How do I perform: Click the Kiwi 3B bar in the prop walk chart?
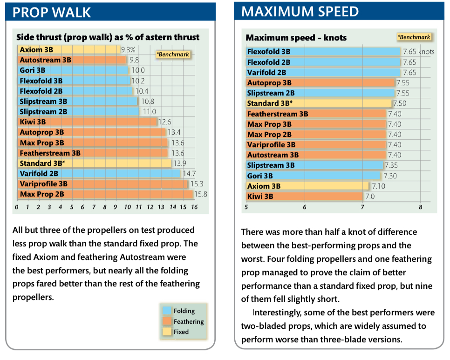[x=88, y=122]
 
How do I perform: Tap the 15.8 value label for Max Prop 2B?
[x=201, y=194]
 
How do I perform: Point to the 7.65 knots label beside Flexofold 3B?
[x=418, y=52]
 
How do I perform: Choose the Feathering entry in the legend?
[x=188, y=321]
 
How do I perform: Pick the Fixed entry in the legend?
[x=181, y=332]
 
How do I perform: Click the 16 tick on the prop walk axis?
[x=194, y=207]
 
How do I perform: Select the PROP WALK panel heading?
[x=52, y=12]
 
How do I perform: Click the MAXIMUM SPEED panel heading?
[x=300, y=12]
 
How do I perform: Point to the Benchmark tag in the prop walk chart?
[x=173, y=54]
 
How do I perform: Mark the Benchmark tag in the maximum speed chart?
[x=414, y=37]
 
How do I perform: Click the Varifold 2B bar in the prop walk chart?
[x=99, y=174]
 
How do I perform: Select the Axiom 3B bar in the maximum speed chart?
[x=307, y=186]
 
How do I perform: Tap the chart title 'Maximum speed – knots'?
[x=296, y=38]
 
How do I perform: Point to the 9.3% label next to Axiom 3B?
[x=128, y=49]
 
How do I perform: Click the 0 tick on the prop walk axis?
[x=17, y=207]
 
